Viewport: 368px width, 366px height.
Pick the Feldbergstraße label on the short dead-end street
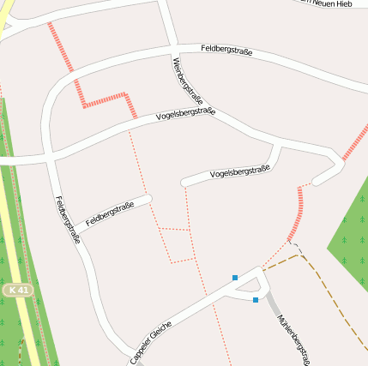tap(110, 213)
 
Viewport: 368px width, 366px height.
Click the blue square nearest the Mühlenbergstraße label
tap(256, 299)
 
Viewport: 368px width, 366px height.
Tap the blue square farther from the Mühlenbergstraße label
tap(235, 277)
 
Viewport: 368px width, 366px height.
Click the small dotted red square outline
tap(177, 245)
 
